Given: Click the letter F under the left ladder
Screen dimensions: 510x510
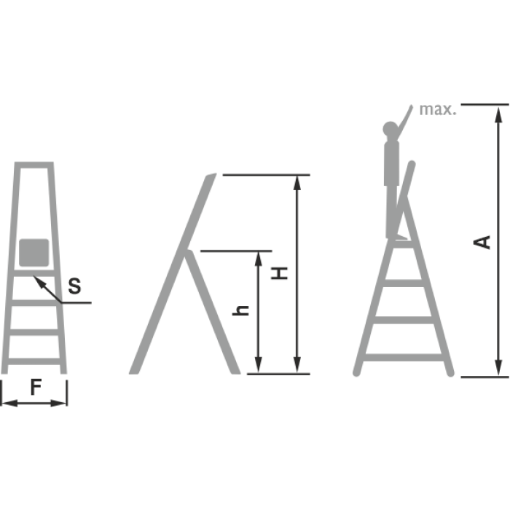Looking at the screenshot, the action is tap(36, 388).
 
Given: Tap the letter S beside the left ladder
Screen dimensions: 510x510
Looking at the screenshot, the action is tap(74, 286).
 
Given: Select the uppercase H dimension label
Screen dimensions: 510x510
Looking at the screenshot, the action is tap(279, 273).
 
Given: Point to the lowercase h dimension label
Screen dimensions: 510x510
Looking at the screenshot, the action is tap(240, 310).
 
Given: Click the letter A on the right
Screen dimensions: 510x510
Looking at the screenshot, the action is tap(482, 243).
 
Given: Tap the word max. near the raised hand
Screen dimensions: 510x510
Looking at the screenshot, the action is tap(438, 109).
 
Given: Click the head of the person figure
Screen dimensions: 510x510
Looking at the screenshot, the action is tap(391, 129).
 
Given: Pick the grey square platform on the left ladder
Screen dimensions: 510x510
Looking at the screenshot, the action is tap(34, 253).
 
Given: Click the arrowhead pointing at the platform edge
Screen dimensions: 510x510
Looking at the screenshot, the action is tap(39, 281).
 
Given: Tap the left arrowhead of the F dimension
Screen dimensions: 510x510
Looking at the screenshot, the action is tap(9, 404).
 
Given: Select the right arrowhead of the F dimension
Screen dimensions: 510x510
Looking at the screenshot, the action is tap(59, 404).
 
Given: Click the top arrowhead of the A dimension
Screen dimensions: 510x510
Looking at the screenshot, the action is tap(498, 115).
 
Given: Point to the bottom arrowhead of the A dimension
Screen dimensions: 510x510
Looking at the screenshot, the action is tap(498, 368).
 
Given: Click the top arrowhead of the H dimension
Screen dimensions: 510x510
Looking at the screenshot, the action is tap(297, 183).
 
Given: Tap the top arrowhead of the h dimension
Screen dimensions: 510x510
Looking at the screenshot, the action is tap(259, 259).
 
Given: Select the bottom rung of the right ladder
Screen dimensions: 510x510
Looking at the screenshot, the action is tap(404, 357).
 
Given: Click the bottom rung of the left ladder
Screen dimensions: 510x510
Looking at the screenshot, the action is tap(34, 361).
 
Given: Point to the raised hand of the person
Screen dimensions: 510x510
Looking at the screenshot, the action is tap(411, 107).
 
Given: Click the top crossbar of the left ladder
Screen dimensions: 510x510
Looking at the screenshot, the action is tap(34, 165).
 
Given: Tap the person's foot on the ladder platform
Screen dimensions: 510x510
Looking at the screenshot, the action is tap(400, 238).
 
